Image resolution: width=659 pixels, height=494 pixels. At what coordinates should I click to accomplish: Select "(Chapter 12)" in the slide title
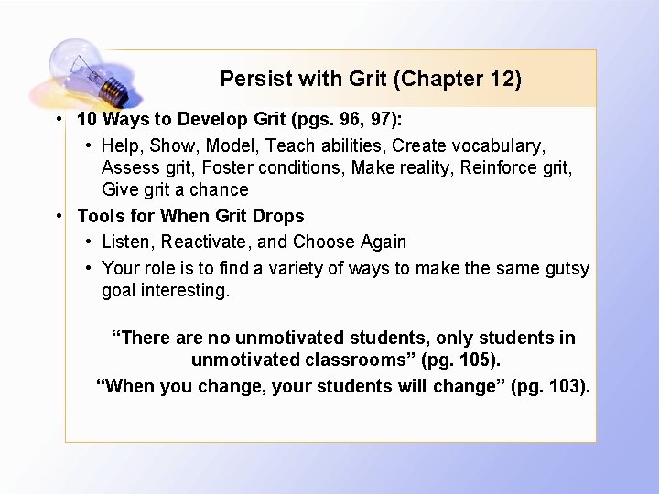[x=457, y=79]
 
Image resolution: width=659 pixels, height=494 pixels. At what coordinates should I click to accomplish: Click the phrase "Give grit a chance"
[x=175, y=189]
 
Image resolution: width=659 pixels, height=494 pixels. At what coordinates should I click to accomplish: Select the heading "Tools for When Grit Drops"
[x=190, y=216]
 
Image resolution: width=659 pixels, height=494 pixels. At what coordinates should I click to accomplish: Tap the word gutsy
[x=567, y=268]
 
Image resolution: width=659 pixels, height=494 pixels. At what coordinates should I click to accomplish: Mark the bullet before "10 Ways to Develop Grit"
[x=59, y=119]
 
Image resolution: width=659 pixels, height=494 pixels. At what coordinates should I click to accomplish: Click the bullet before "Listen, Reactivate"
[x=88, y=242]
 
